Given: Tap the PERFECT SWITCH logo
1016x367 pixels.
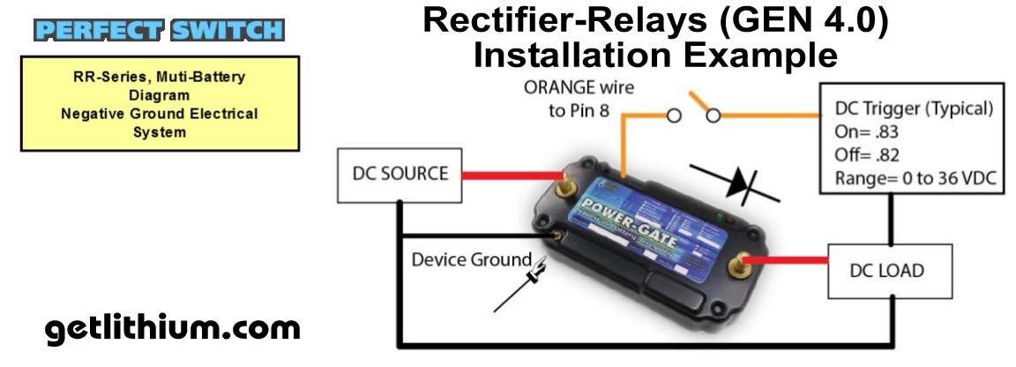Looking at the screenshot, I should coord(160,30).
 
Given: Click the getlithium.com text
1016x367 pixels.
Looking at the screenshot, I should coord(172,329).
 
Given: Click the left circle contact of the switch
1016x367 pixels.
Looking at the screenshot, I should coord(674,116).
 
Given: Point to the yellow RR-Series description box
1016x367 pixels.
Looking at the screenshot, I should coord(160,103).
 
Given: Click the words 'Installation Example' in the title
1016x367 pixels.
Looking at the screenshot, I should coord(654,55).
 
